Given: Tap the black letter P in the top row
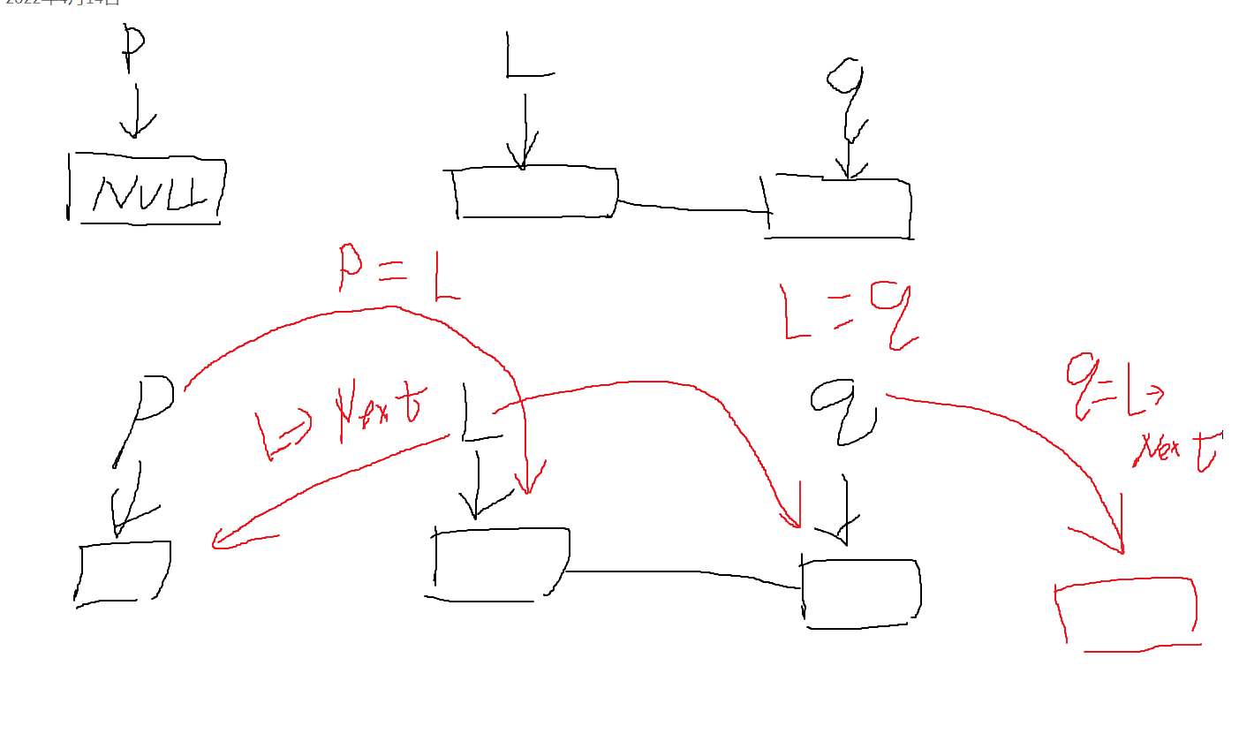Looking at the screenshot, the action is [132, 49].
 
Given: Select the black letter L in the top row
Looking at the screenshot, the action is [528, 56].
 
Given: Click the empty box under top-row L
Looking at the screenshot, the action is [535, 192].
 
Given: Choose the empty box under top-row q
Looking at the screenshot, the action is [839, 208].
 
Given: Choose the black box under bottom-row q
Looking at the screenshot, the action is [861, 594].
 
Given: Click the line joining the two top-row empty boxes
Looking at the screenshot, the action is [693, 208].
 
